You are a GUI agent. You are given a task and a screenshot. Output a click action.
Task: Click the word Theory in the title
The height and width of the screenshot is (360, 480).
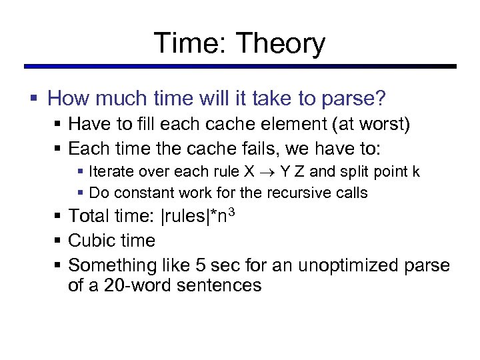coord(280,43)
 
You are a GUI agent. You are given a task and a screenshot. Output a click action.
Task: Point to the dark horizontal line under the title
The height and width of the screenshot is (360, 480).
coord(240,67)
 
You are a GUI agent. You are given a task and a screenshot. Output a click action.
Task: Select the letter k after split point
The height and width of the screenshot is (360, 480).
coord(416,171)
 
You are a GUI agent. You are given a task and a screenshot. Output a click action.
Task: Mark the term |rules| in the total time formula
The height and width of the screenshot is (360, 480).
coord(201,217)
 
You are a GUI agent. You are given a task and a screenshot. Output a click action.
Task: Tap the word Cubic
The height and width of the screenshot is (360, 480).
coord(91,241)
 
